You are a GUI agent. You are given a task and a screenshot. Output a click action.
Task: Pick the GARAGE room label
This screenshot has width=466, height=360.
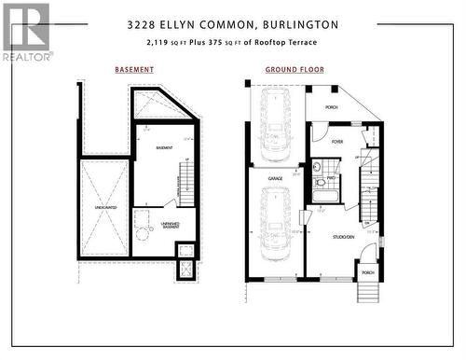[x=276, y=177]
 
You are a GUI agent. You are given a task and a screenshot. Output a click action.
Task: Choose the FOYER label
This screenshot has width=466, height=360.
[x=336, y=142]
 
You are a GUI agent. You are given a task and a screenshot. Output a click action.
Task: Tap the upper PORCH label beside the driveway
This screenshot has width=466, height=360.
[x=331, y=107]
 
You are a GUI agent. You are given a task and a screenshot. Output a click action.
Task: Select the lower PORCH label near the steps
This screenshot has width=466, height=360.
[x=367, y=273]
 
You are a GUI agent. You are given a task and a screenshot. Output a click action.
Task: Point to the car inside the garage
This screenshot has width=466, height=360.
[x=276, y=219]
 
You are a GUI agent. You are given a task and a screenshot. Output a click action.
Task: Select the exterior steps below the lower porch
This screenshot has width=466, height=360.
[x=368, y=292]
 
